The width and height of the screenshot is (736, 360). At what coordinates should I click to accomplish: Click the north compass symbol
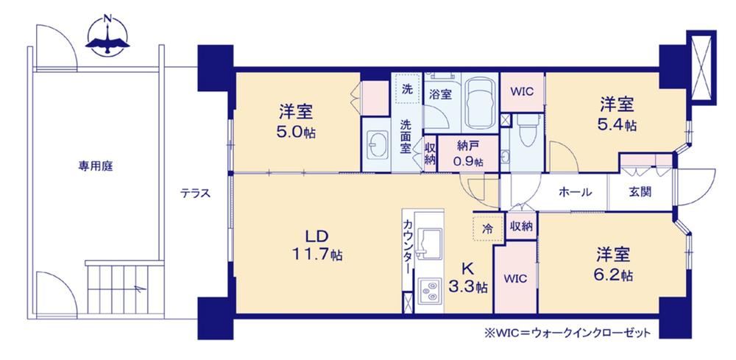coord(107,37)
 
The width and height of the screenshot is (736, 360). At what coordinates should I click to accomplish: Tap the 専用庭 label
coord(96,166)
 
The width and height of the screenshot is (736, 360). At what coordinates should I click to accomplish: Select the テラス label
coord(195,193)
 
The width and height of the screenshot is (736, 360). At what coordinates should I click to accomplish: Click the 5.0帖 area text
coord(295,132)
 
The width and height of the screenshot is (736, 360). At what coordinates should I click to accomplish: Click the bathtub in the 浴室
coord(479,102)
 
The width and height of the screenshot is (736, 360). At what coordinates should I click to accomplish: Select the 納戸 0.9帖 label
coord(467,153)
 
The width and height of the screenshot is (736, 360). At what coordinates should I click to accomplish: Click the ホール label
coord(575,192)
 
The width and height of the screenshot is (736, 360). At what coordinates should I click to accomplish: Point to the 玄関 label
coord(640,192)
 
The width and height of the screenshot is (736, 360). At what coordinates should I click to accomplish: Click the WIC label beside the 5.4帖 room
coord(522,91)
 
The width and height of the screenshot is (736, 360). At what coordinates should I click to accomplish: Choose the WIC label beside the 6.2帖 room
coord(515,279)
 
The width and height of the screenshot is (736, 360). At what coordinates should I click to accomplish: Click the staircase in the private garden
coord(124,286)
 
